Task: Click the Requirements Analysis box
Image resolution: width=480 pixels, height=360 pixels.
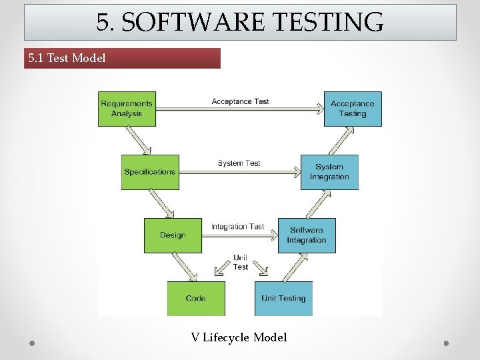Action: (127, 109)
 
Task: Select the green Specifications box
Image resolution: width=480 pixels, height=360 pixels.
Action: (149, 172)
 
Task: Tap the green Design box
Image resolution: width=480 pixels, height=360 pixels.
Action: (173, 235)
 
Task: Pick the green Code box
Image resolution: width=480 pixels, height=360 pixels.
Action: (196, 298)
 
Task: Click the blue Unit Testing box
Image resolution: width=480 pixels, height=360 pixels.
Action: (283, 298)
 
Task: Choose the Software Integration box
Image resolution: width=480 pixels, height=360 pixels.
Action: (307, 235)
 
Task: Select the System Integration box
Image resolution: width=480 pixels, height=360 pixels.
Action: (329, 172)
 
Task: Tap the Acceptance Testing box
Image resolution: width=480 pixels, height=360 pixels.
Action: (353, 109)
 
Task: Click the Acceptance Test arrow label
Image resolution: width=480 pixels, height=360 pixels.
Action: (240, 101)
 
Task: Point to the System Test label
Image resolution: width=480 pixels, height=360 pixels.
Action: (239, 163)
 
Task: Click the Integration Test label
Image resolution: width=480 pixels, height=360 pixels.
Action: (238, 227)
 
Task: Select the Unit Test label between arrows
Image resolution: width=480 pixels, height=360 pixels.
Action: (241, 263)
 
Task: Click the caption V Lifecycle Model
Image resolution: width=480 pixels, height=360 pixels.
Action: (239, 337)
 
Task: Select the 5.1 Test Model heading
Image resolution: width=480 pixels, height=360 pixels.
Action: (67, 58)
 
